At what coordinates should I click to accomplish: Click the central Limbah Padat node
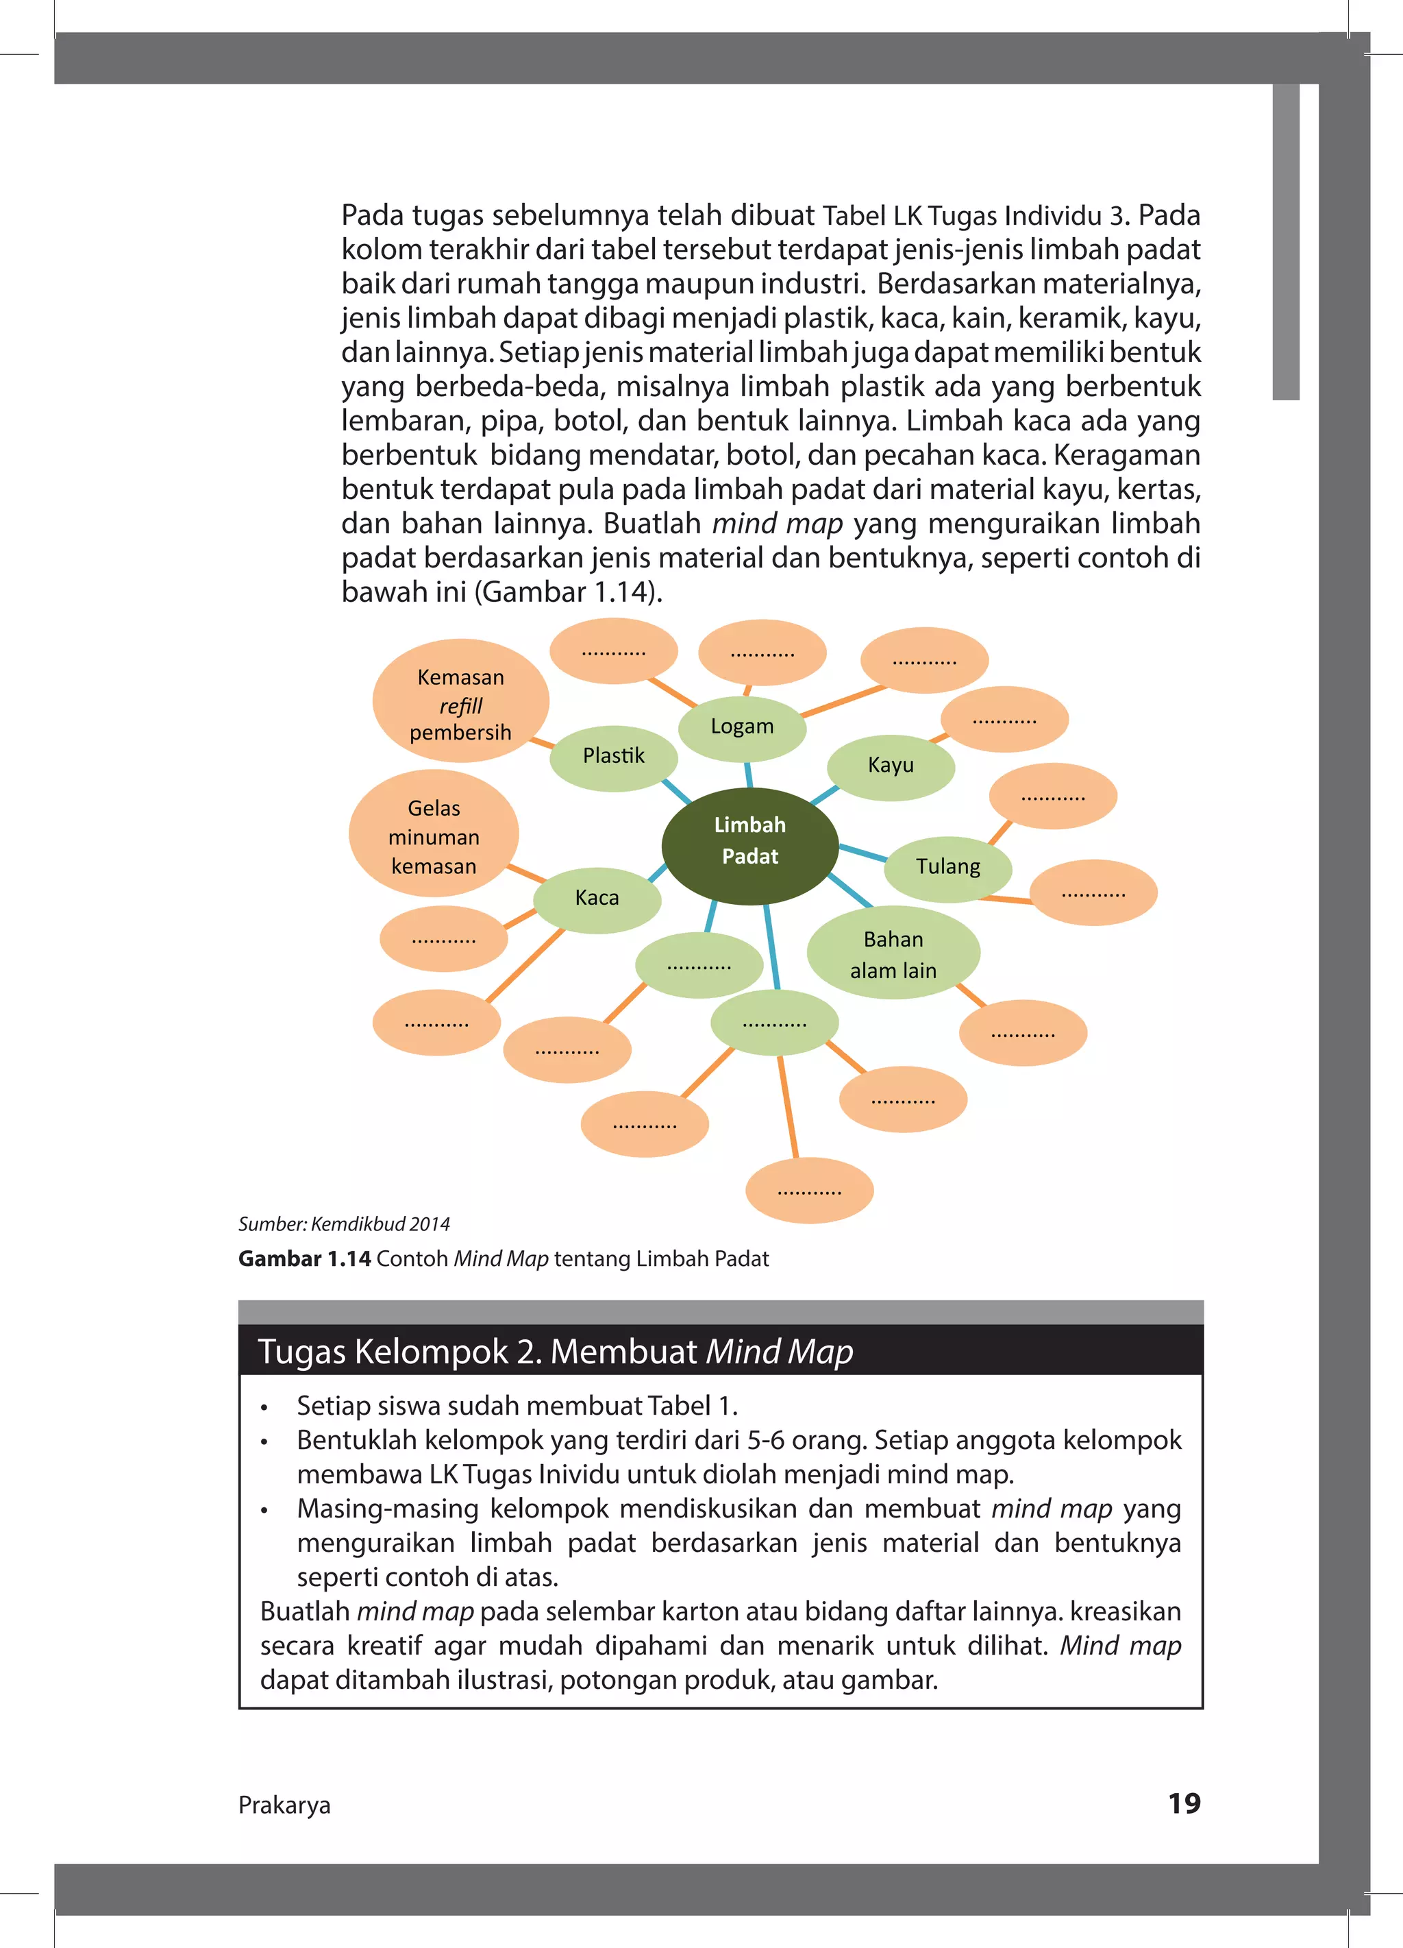(749, 845)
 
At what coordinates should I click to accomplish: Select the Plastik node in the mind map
(613, 757)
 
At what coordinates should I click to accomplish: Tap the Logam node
(742, 727)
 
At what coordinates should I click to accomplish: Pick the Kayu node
(891, 765)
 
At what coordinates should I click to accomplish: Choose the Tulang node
(948, 866)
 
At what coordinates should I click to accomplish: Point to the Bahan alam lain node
(893, 954)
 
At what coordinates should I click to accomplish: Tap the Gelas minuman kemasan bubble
(434, 837)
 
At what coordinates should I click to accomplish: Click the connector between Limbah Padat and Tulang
(862, 852)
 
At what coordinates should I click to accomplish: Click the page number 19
(1184, 1803)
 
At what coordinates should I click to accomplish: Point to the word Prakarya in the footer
(284, 1805)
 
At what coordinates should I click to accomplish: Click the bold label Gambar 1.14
(305, 1259)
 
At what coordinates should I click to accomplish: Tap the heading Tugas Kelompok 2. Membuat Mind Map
(556, 1352)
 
